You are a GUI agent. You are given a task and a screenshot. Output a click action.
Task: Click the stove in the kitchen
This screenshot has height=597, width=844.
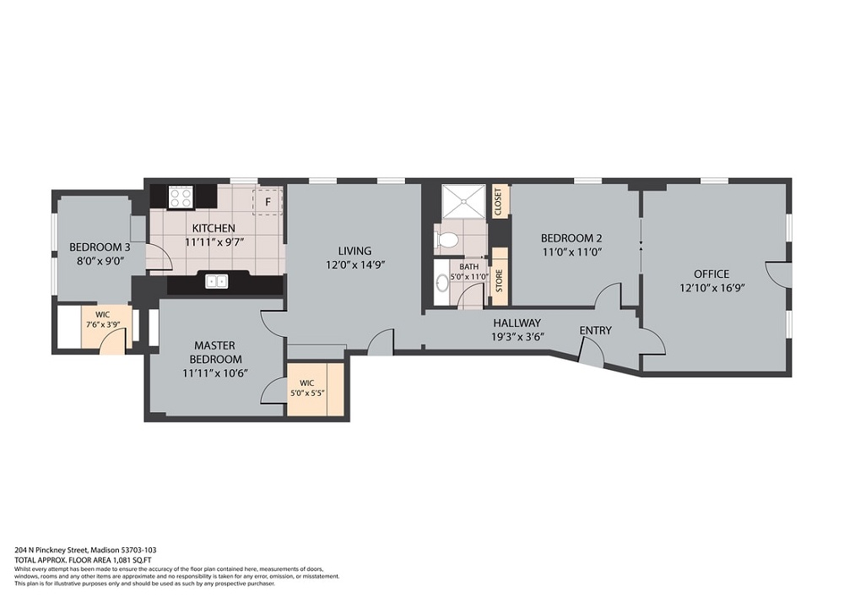pyautogui.click(x=181, y=197)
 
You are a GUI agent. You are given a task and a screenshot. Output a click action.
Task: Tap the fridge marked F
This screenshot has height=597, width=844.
pyautogui.click(x=268, y=202)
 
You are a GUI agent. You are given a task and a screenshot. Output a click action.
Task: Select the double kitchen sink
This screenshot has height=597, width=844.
pyautogui.click(x=217, y=281)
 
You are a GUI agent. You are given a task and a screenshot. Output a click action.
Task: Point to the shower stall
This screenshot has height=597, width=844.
pyautogui.click(x=464, y=202)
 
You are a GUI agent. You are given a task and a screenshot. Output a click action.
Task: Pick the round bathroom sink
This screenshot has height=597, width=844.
pyautogui.click(x=442, y=283)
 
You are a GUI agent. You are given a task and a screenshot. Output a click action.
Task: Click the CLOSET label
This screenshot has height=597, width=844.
pyautogui.click(x=498, y=202)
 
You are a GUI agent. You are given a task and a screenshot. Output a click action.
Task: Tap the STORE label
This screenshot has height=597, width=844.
pyautogui.click(x=499, y=280)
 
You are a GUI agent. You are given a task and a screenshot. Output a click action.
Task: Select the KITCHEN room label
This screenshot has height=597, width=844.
pyautogui.click(x=214, y=228)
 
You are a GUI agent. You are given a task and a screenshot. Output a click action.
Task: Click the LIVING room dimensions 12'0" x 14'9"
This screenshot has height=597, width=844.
pyautogui.click(x=355, y=265)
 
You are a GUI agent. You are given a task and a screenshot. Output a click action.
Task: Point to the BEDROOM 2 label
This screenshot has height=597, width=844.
pyautogui.click(x=571, y=238)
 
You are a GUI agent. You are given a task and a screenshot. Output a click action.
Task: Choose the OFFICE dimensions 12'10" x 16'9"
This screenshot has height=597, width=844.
pyautogui.click(x=711, y=288)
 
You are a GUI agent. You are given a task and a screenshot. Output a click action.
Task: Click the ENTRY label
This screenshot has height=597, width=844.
pyautogui.click(x=595, y=330)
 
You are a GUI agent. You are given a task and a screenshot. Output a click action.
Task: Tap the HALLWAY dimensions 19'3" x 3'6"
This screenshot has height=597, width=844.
pyautogui.click(x=517, y=337)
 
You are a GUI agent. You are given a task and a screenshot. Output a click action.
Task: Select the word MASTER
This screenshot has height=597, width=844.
pyautogui.click(x=214, y=345)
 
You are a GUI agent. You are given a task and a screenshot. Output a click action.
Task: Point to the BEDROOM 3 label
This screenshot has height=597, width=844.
pyautogui.click(x=100, y=247)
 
